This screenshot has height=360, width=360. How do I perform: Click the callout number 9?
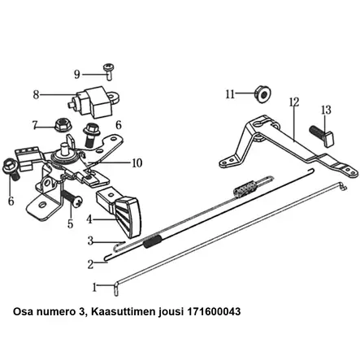click(x=77, y=74)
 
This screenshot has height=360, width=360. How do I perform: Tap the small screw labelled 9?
click(x=109, y=72)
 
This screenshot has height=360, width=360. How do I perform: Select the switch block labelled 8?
click(x=93, y=102)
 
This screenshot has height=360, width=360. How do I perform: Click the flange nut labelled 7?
click(x=62, y=124)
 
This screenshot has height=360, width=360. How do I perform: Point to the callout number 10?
click(x=137, y=163)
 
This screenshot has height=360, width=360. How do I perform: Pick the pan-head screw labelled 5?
click(x=72, y=198)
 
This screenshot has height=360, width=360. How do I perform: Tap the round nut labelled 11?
click(x=262, y=94)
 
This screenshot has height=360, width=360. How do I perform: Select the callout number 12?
click(x=294, y=102)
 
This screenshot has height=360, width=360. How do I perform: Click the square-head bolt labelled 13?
click(x=323, y=136)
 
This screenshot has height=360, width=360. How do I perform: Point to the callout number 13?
click(x=326, y=110)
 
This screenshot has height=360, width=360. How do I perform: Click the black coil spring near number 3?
click(x=153, y=241)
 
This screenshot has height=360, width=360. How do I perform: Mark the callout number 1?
click(x=94, y=288)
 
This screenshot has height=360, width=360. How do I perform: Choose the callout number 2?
click(x=90, y=264)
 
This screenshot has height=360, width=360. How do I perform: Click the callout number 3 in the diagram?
click(x=90, y=241)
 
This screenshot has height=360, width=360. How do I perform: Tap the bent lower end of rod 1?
click(x=116, y=289)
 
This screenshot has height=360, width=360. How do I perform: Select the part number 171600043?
click(x=214, y=311)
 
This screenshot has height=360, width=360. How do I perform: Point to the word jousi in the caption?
click(x=171, y=312)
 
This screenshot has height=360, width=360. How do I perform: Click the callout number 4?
click(x=89, y=219)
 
